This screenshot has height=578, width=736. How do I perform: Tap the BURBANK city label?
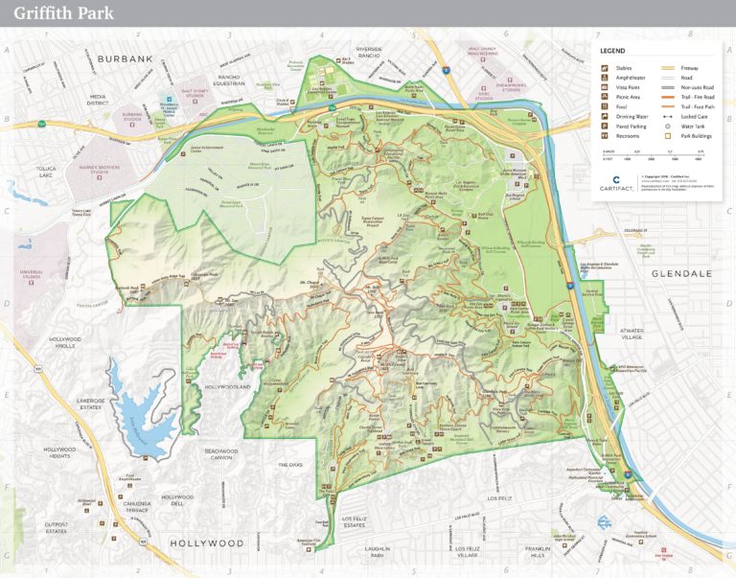tap(125, 58)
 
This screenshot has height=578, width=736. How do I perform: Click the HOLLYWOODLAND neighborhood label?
tap(226, 386)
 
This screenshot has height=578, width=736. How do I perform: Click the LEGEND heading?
tap(612, 50)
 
